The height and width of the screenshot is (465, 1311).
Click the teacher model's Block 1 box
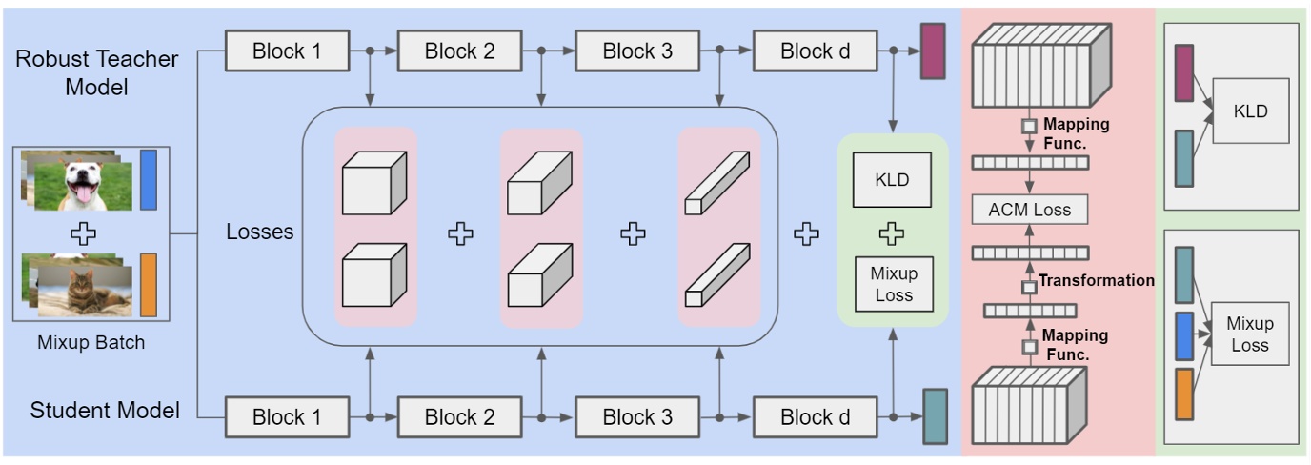pyautogui.click(x=288, y=51)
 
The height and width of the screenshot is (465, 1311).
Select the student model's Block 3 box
pyautogui.click(x=637, y=417)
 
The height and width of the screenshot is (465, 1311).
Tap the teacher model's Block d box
pyautogui.click(x=816, y=51)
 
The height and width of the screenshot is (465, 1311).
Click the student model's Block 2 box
pyautogui.click(x=459, y=417)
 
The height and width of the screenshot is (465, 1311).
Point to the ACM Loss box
pyautogui.click(x=1030, y=210)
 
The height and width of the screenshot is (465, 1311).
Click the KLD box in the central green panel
pyautogui.click(x=892, y=180)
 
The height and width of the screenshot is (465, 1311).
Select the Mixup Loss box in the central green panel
pyautogui.click(x=894, y=284)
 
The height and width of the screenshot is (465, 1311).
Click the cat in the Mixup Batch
pyautogui.click(x=85, y=293)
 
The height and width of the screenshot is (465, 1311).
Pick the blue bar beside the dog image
pyautogui.click(x=149, y=180)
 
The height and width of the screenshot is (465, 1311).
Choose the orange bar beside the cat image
pyautogui.click(x=149, y=285)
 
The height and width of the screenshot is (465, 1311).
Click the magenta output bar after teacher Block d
pyautogui.click(x=933, y=51)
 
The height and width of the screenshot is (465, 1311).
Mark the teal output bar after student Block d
pyautogui.click(x=936, y=416)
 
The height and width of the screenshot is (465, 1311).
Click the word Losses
pyautogui.click(x=260, y=232)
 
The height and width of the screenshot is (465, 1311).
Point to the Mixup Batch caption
pyautogui.click(x=91, y=342)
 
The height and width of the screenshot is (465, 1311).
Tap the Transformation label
pyautogui.click(x=1097, y=280)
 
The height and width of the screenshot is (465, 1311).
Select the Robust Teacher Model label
pyautogui.click(x=96, y=72)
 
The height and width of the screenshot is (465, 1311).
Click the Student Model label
pyautogui.click(x=105, y=410)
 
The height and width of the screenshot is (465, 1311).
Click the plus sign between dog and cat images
pyautogui.click(x=83, y=233)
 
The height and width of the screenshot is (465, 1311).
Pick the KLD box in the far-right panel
pyautogui.click(x=1251, y=111)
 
